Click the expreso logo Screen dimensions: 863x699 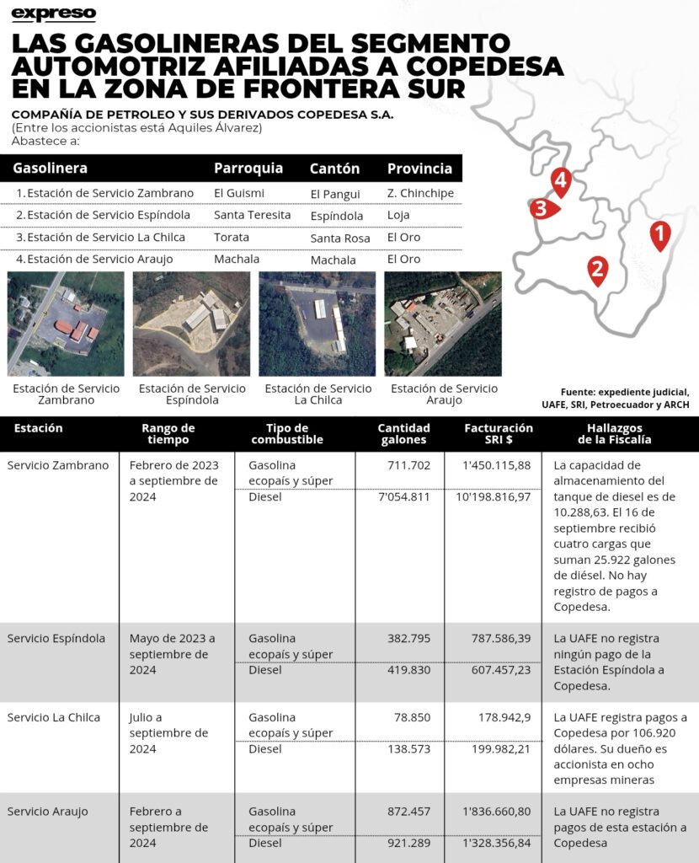[55, 13]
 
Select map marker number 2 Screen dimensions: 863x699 [598, 270]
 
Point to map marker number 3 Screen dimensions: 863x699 [542, 208]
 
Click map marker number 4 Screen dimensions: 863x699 [560, 180]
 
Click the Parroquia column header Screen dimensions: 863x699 [248, 168]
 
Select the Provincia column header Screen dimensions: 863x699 [419, 168]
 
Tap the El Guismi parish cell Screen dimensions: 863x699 [239, 193]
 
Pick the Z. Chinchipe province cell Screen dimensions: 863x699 [420, 193]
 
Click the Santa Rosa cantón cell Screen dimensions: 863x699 [339, 239]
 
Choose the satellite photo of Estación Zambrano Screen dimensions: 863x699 [65, 324]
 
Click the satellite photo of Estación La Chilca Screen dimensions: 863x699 [317, 324]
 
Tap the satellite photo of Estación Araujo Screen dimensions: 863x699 [443, 324]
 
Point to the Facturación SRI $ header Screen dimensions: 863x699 [498, 433]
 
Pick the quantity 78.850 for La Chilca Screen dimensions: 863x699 [408, 717]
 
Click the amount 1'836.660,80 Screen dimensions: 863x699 [497, 812]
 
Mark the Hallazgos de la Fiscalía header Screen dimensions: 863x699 [614, 433]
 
